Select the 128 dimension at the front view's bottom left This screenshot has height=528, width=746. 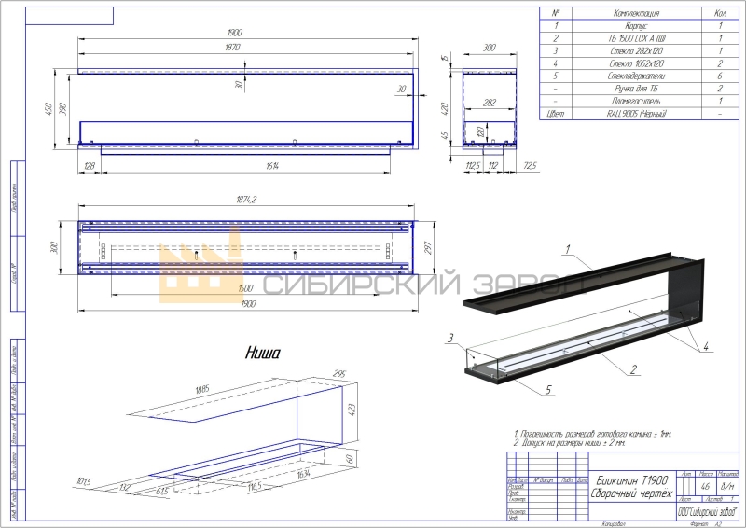90,165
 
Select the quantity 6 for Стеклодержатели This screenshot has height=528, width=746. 720,71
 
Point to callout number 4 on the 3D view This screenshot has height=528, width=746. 706,346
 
